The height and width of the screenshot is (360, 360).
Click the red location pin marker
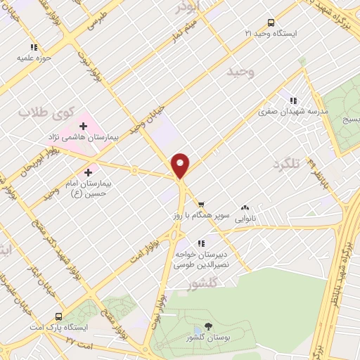pyautogui.click(x=181, y=165)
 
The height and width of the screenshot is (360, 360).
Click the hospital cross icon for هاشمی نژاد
pyautogui.click(x=84, y=126)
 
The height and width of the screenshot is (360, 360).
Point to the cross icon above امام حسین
pyautogui.click(x=89, y=172)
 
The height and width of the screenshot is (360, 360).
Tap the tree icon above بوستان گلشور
pyautogui.click(x=209, y=326)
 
